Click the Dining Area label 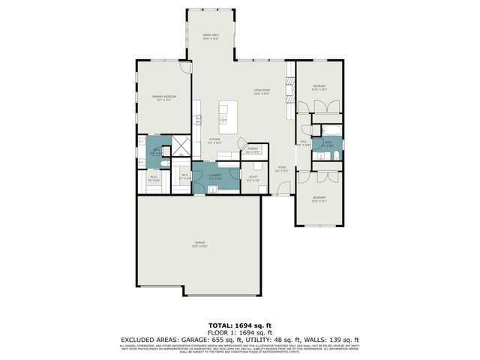coord(210,36)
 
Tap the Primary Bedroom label coord(164,98)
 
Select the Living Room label coord(261,92)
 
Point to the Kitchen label coord(214,141)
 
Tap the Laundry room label coord(214,177)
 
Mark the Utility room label coord(253,178)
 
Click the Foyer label coord(281,169)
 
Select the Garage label coord(200,244)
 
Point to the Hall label coord(304,142)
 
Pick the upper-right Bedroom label coord(319,88)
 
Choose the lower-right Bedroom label coord(319,199)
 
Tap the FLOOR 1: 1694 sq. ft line coord(240,332)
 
